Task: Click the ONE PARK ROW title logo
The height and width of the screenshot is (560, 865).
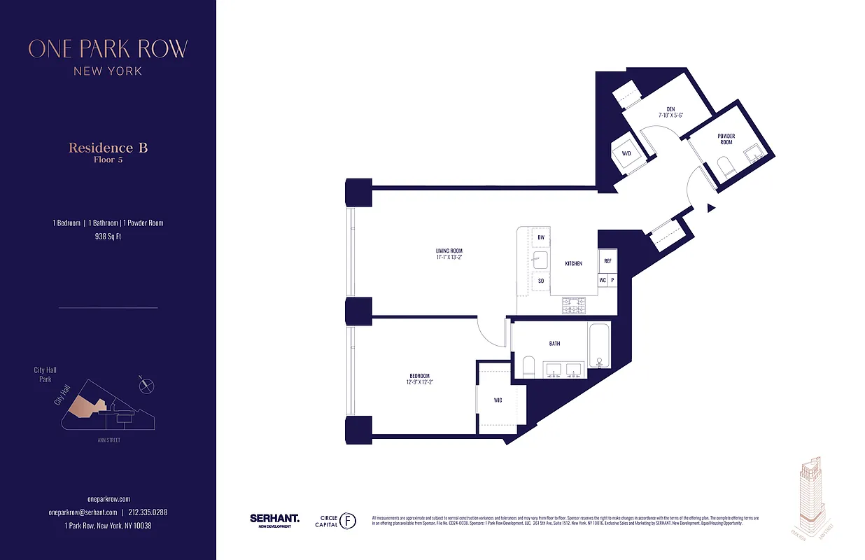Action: (x=108, y=49)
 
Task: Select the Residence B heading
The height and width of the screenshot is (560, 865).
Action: (x=108, y=148)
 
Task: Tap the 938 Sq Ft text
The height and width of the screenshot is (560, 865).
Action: (x=108, y=237)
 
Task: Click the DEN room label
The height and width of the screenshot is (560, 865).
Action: (x=670, y=109)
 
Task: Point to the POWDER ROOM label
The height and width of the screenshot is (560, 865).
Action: (x=726, y=139)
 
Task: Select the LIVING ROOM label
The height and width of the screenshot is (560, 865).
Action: (x=448, y=251)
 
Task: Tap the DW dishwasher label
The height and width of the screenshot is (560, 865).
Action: (x=541, y=238)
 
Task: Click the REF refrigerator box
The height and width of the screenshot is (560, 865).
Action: (x=607, y=260)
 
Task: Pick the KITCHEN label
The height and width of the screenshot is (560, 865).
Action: (x=574, y=263)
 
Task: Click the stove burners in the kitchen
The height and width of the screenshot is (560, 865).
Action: (x=574, y=305)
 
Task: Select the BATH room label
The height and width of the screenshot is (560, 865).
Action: (x=554, y=343)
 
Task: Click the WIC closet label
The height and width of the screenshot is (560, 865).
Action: (x=498, y=400)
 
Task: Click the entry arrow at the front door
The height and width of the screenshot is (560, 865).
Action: (x=710, y=208)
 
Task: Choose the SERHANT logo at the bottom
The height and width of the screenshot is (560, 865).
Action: (x=274, y=519)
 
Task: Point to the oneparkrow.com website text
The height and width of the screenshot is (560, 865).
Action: (x=108, y=499)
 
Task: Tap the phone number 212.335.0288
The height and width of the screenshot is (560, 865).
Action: (x=148, y=512)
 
